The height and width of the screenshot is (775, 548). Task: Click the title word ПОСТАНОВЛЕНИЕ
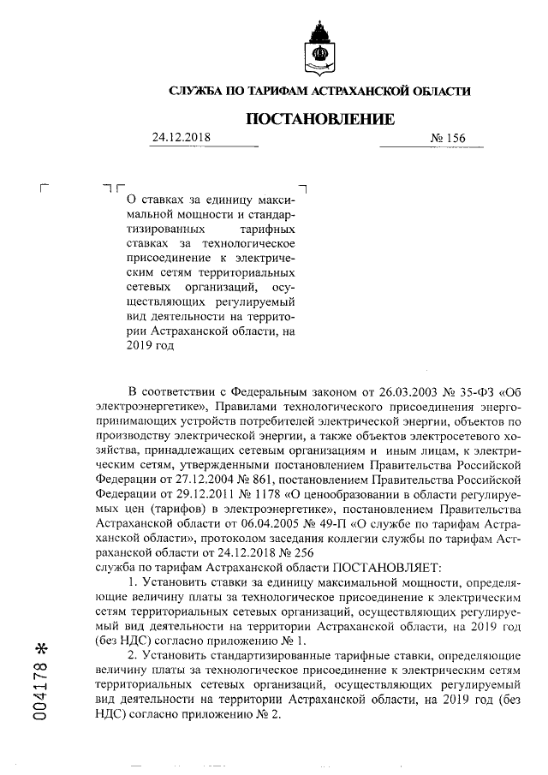pyautogui.click(x=320, y=119)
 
